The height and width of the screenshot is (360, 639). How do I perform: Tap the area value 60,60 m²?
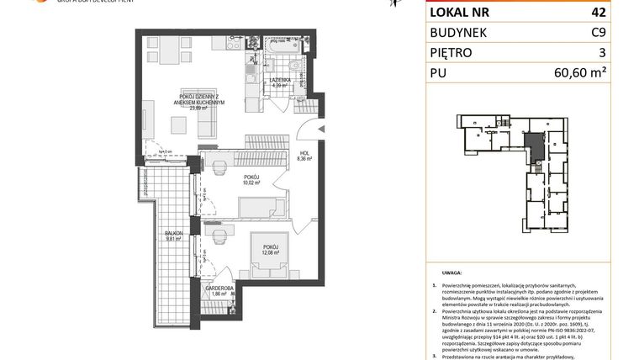click(580, 73)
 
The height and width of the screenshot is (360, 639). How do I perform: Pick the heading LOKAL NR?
click(460, 13)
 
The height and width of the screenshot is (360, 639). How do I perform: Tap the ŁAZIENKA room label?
click(280, 81)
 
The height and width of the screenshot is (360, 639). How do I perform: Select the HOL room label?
click(303, 153)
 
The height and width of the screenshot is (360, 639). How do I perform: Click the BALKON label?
click(174, 235)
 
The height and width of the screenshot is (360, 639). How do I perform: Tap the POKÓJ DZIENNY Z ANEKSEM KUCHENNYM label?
click(194, 99)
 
